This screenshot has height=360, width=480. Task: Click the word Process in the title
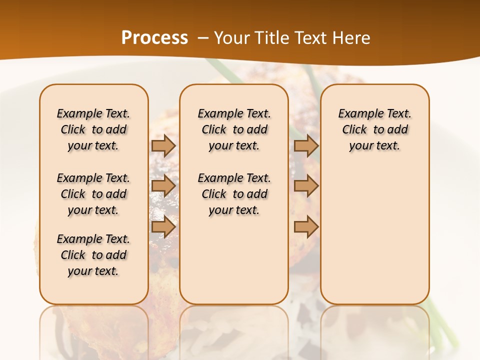154,38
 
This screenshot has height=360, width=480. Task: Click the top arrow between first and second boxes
163,145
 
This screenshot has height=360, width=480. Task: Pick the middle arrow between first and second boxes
163,186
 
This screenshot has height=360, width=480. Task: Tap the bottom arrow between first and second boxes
163,227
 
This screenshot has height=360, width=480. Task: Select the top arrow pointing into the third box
306,145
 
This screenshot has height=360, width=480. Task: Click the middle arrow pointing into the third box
306,186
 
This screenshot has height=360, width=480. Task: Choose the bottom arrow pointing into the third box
306,227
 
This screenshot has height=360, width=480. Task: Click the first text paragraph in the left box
93,129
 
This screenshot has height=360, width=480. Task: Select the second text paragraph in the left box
93,194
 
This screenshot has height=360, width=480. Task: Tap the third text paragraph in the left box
93,255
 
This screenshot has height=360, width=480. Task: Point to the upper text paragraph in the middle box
234,129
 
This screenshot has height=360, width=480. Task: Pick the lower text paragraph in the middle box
234,194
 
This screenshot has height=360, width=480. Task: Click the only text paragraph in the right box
374,129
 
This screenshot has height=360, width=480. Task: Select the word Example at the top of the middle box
217,113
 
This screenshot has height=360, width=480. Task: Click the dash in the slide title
203,38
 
